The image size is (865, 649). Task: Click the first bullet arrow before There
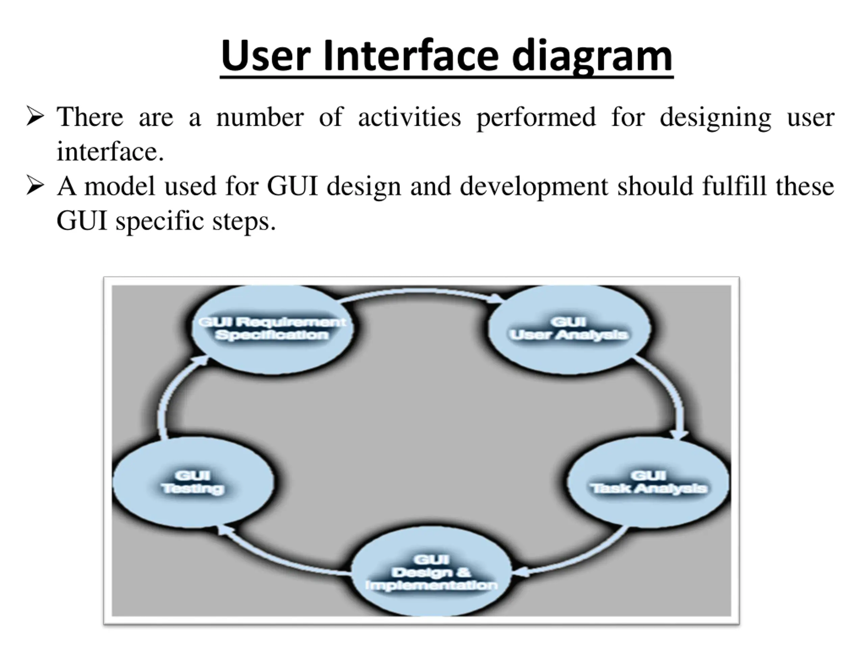coord(35,116)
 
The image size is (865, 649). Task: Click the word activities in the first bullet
coord(410,117)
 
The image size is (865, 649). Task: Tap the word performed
coord(536,118)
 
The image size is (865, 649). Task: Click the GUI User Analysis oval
coord(569,329)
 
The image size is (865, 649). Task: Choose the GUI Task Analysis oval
coord(648,482)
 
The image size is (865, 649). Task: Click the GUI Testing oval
coord(193,482)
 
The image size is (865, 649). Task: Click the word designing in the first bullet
coord(715,118)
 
